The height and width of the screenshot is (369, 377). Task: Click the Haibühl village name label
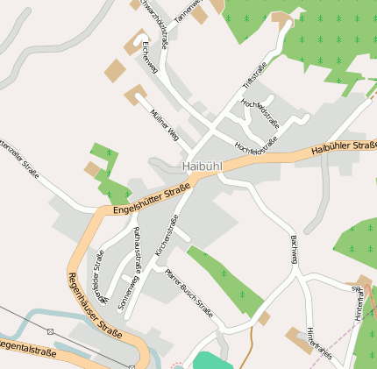[203, 165]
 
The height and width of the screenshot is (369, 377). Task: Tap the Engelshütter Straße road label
[152, 200]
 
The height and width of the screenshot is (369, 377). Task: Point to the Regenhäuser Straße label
[94, 304]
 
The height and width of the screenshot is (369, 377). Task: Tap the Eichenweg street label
[150, 59]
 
